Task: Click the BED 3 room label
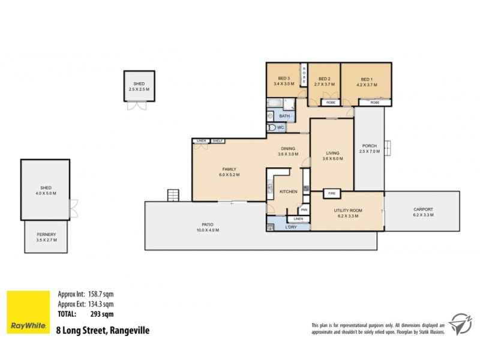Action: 284,79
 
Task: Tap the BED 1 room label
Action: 366,79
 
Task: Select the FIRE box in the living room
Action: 332,194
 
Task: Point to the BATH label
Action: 284,116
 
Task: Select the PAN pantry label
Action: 304,209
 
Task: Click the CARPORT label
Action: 422,209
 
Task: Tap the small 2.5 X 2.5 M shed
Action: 138,86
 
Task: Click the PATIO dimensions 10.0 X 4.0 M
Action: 208,230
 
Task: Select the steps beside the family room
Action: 173,195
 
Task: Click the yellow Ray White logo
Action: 28,311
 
